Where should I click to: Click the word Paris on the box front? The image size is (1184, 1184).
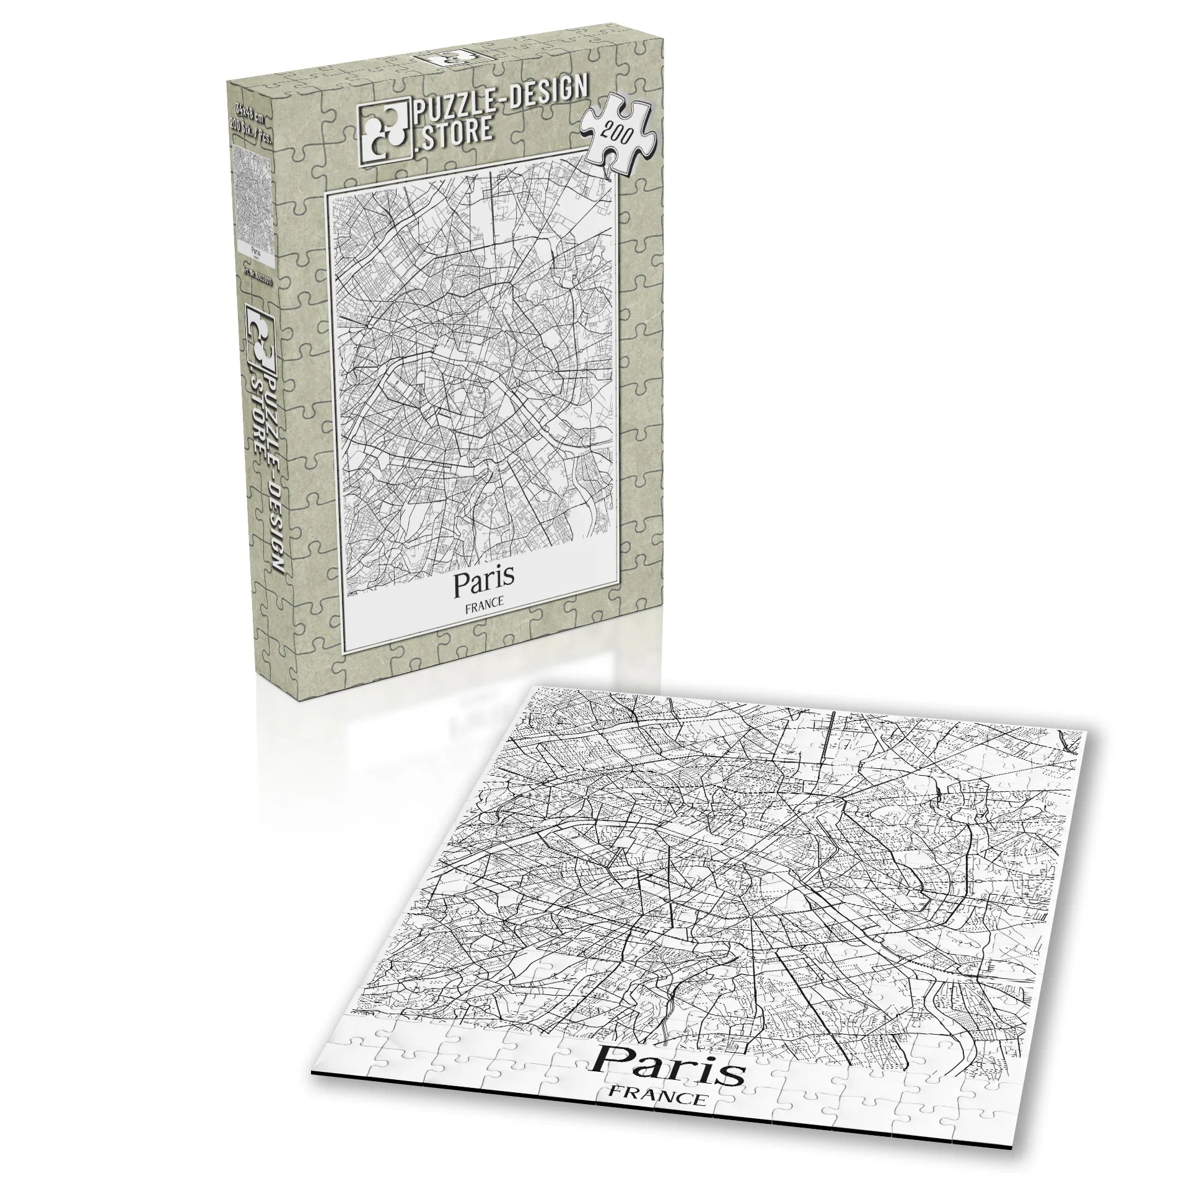tap(484, 581)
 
